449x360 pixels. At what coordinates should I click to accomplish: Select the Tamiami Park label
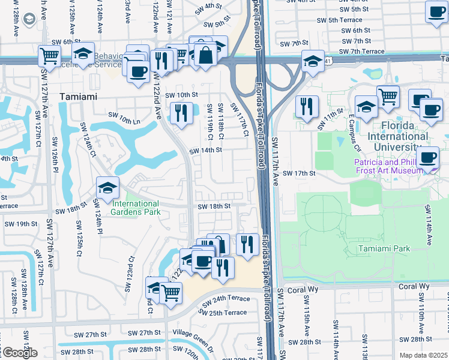tap(382, 248)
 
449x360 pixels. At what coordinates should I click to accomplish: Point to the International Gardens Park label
tap(136, 208)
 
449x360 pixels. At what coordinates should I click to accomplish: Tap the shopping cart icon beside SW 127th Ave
tap(49, 56)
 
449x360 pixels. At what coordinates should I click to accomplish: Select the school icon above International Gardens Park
tap(107, 188)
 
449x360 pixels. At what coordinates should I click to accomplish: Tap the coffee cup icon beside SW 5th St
tap(436, 11)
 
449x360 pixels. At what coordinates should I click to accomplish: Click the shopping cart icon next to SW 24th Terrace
tap(171, 293)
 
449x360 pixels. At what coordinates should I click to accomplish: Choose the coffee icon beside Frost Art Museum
tap(427, 158)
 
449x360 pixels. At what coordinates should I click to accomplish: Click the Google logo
tap(19, 353)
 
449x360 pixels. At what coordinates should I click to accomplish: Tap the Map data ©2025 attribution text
tap(423, 355)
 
